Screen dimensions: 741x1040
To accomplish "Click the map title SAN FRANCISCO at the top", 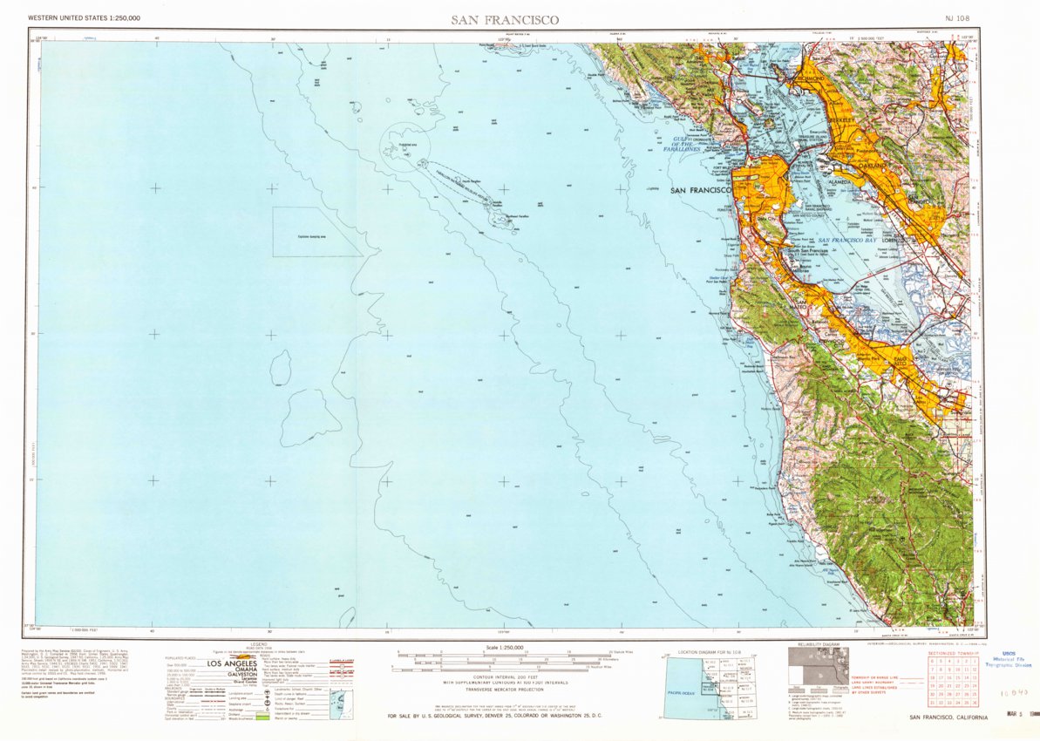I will click(x=505, y=19).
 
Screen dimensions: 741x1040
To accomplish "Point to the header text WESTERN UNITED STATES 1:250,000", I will click(x=84, y=18).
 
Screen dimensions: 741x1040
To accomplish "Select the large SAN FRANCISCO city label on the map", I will click(x=700, y=190).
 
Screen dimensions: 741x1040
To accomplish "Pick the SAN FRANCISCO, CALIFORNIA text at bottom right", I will click(x=948, y=717).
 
